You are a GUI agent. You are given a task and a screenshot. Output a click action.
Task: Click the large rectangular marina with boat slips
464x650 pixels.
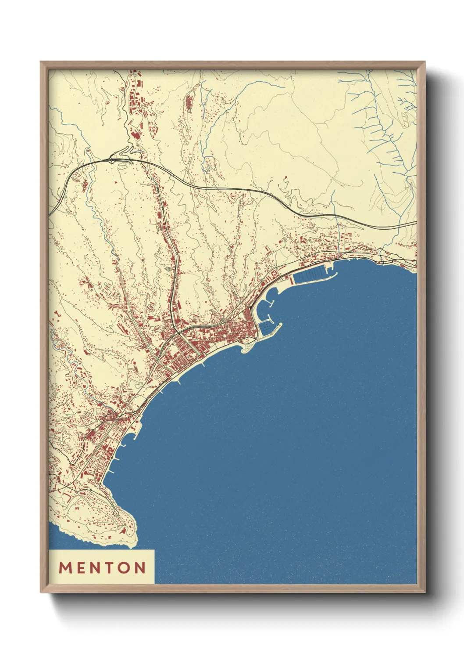[311, 275]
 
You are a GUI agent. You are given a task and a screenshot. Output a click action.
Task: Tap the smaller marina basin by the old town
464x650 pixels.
[266, 327]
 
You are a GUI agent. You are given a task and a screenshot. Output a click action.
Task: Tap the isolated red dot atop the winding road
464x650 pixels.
[286, 178]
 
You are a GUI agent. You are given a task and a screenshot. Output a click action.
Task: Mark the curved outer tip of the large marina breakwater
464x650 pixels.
[336, 275]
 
